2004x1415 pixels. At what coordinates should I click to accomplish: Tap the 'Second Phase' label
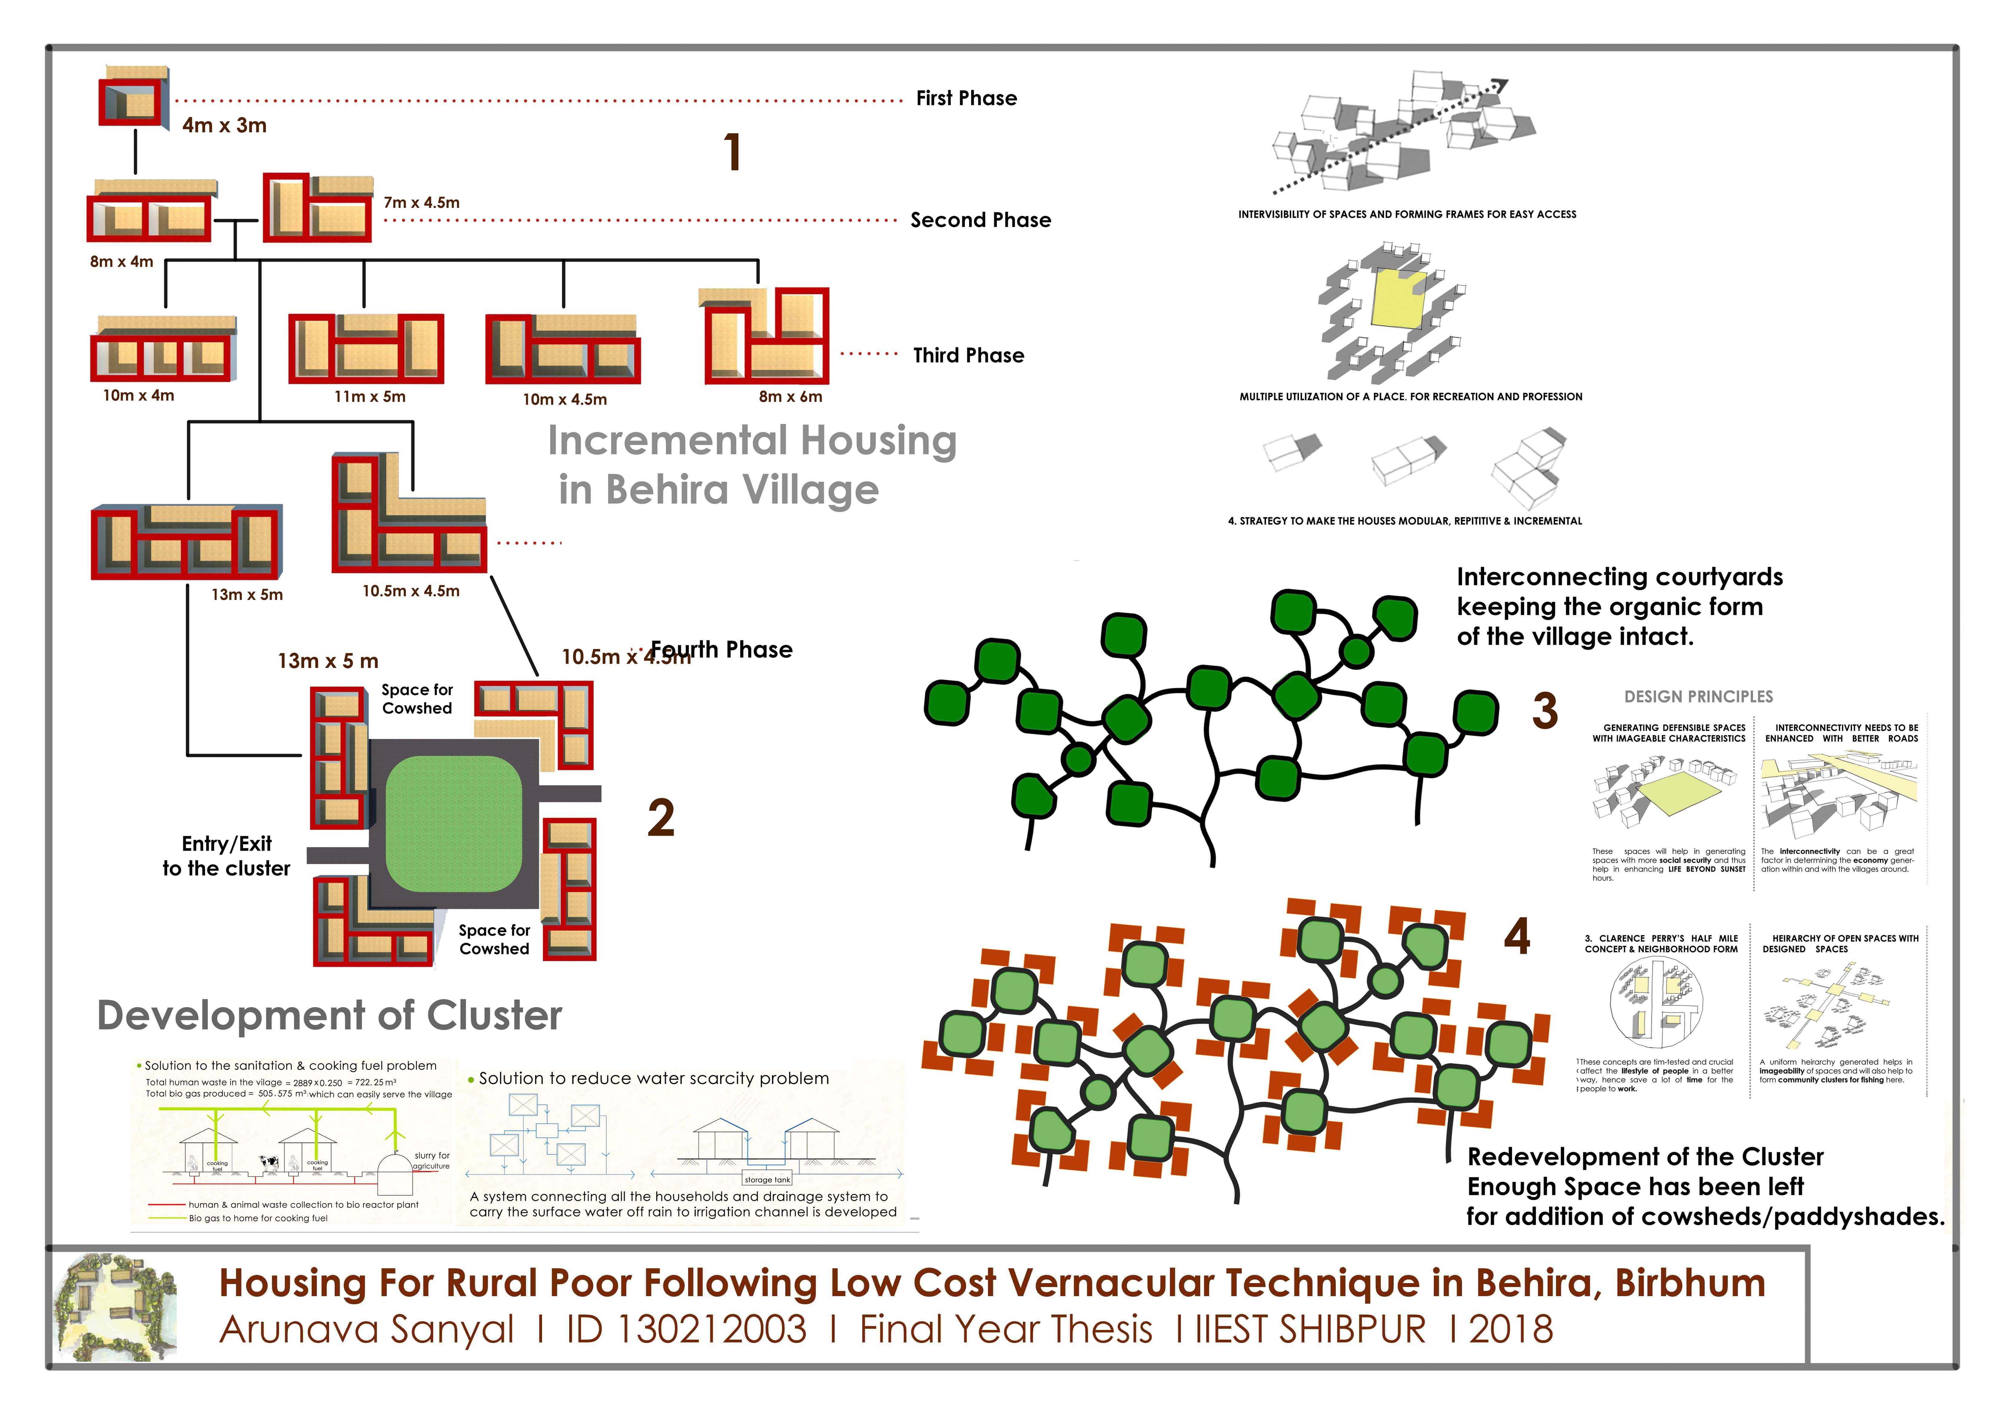tap(980, 220)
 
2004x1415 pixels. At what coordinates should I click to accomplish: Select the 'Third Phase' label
tap(968, 355)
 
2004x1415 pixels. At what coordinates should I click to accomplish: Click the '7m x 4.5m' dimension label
tap(422, 202)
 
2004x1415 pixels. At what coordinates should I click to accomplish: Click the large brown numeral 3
tap(1544, 711)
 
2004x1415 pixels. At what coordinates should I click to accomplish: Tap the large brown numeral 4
tap(1517, 937)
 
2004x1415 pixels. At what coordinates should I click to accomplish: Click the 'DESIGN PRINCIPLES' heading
tap(1698, 696)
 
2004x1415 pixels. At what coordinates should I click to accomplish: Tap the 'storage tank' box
tap(767, 1179)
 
